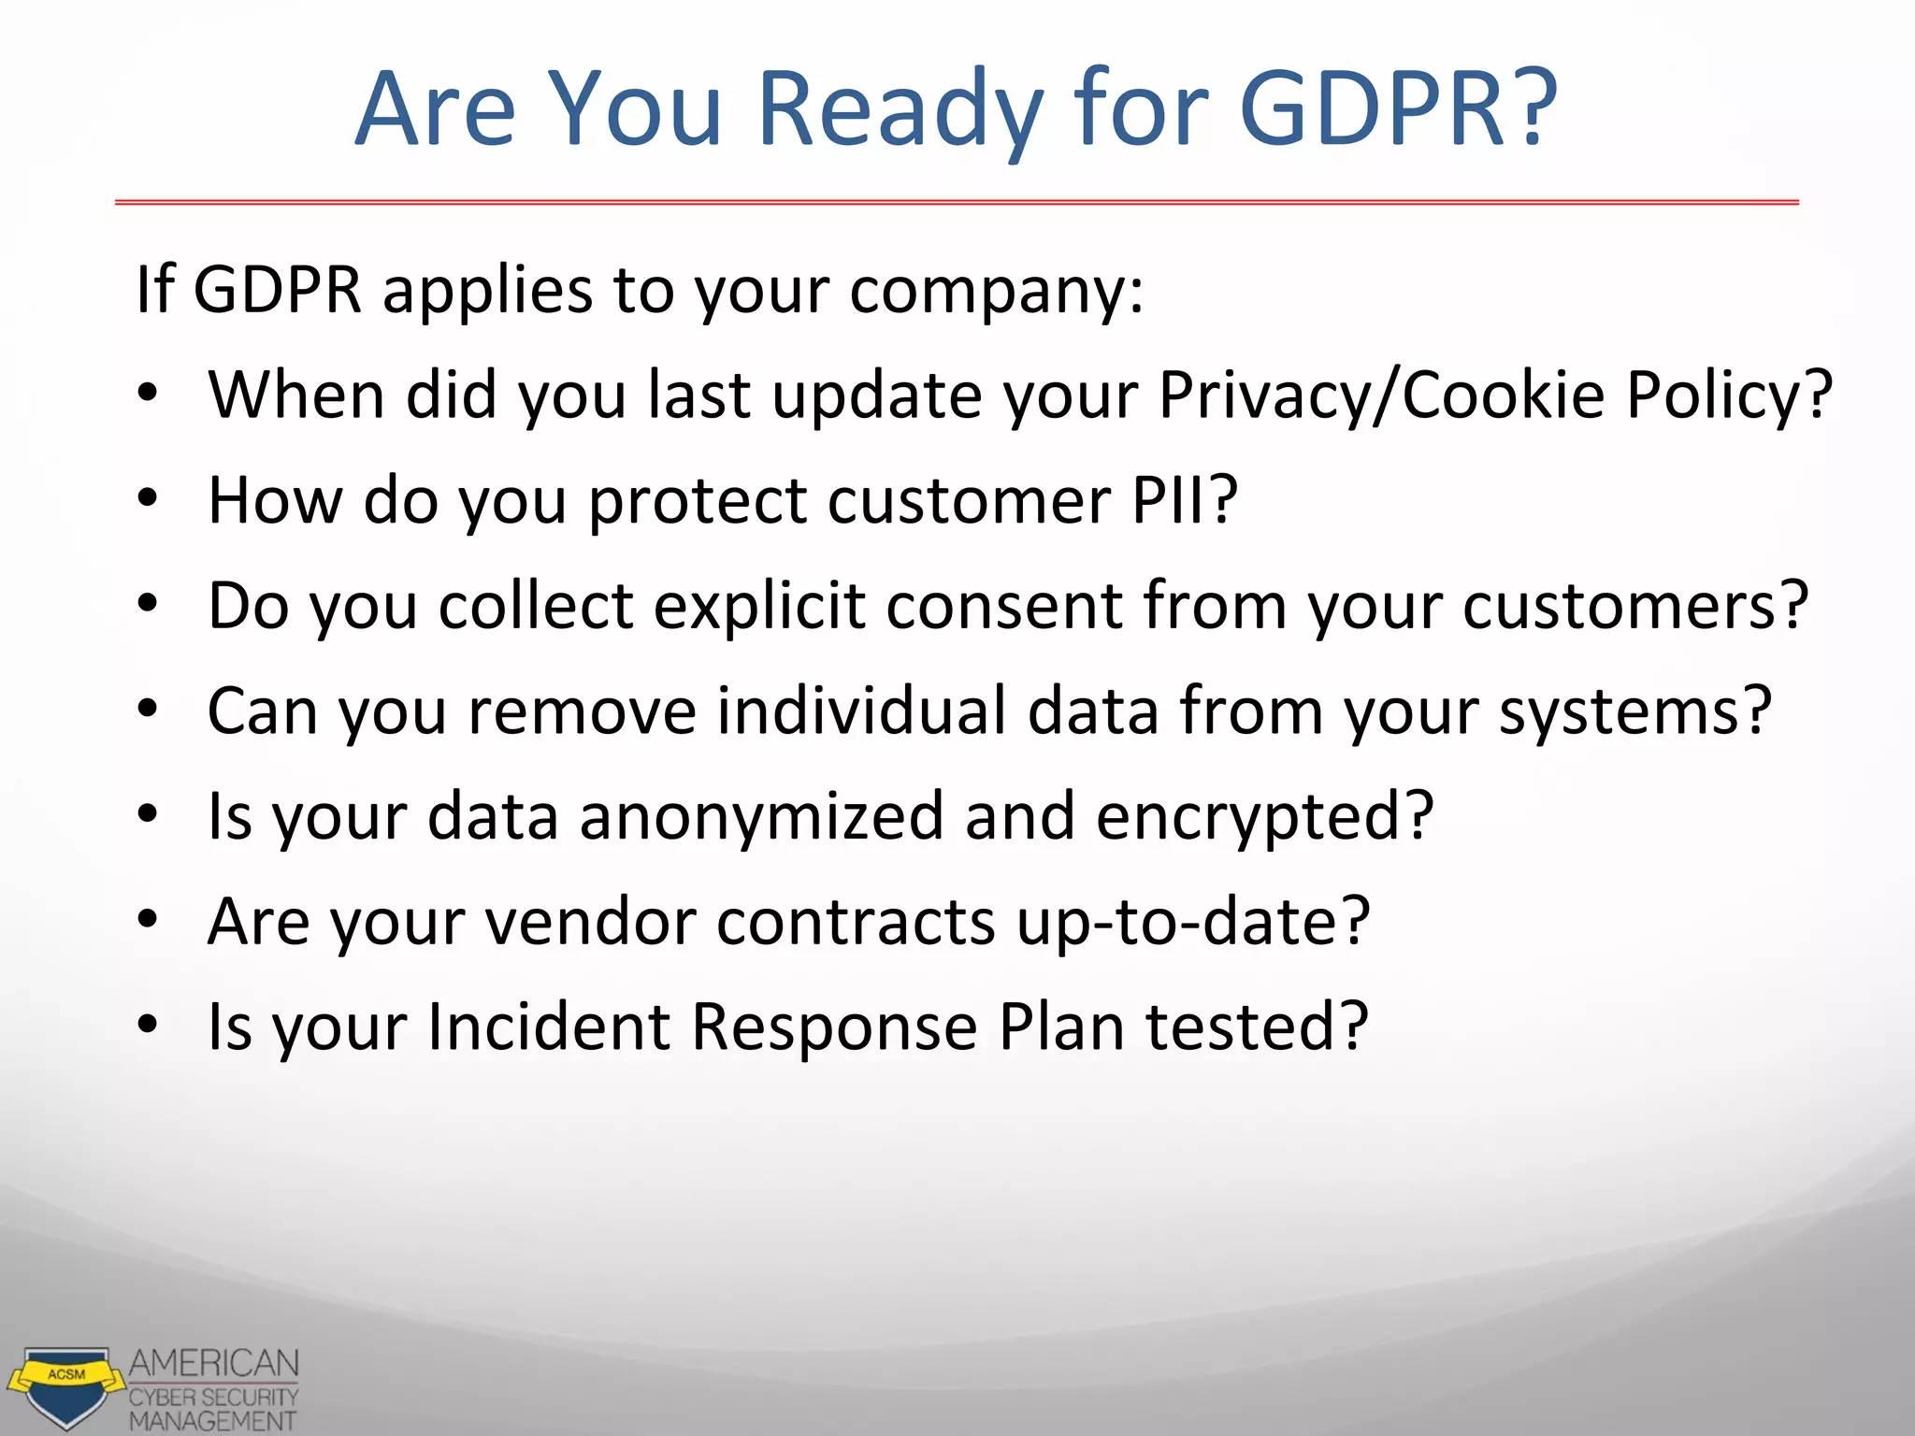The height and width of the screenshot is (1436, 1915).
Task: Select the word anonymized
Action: click(x=761, y=816)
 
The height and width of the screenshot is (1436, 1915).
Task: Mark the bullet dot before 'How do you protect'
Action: click(x=148, y=498)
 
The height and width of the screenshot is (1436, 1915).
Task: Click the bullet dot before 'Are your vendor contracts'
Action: click(x=148, y=920)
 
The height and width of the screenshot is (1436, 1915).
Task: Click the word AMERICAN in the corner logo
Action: click(x=214, y=1363)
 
